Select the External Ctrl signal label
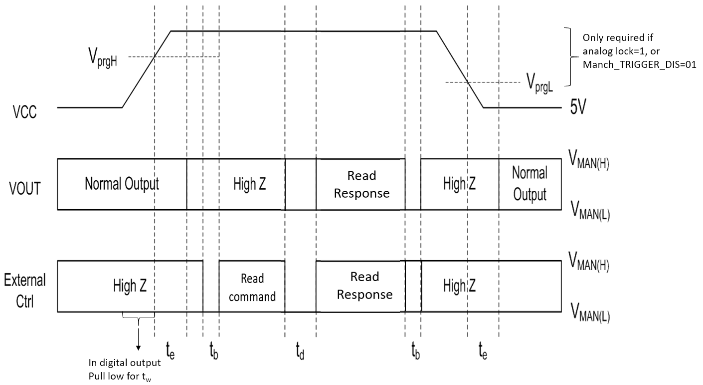pyautogui.click(x=24, y=290)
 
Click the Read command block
pyautogui.click(x=252, y=287)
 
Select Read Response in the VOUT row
pyautogui.click(x=361, y=184)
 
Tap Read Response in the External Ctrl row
pyautogui.click(x=364, y=286)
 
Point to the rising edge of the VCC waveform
pyautogui.click(x=147, y=69)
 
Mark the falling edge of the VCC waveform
pyautogui.click(x=460, y=69)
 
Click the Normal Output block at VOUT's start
pyautogui.click(x=122, y=184)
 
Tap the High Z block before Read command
pyautogui.click(x=130, y=286)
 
